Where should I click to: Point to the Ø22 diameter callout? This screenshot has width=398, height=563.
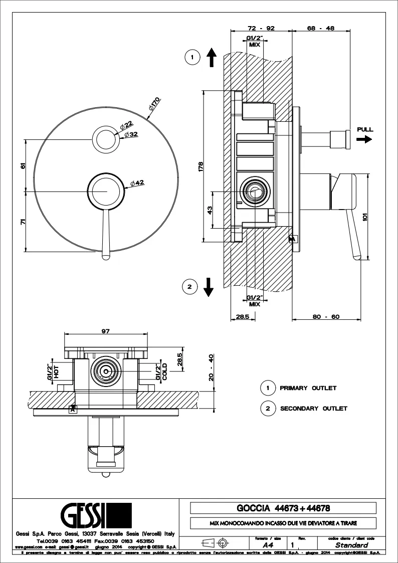click(126, 124)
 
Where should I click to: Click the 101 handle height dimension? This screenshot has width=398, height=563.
click(365, 217)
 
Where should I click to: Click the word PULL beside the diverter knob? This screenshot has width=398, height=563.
click(365, 130)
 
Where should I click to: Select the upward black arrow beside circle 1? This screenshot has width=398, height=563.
click(211, 58)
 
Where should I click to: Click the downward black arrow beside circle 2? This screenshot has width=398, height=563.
click(209, 287)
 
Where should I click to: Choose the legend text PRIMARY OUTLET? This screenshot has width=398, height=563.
click(308, 388)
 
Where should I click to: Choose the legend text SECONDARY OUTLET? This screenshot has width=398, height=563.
click(313, 409)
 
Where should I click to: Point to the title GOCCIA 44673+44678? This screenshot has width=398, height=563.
click(283, 508)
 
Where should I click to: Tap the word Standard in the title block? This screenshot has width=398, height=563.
click(351, 545)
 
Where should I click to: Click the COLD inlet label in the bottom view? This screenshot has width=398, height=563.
click(164, 371)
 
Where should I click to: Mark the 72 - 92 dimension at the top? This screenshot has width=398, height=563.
click(261, 29)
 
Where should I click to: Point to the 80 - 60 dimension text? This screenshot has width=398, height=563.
click(326, 316)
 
